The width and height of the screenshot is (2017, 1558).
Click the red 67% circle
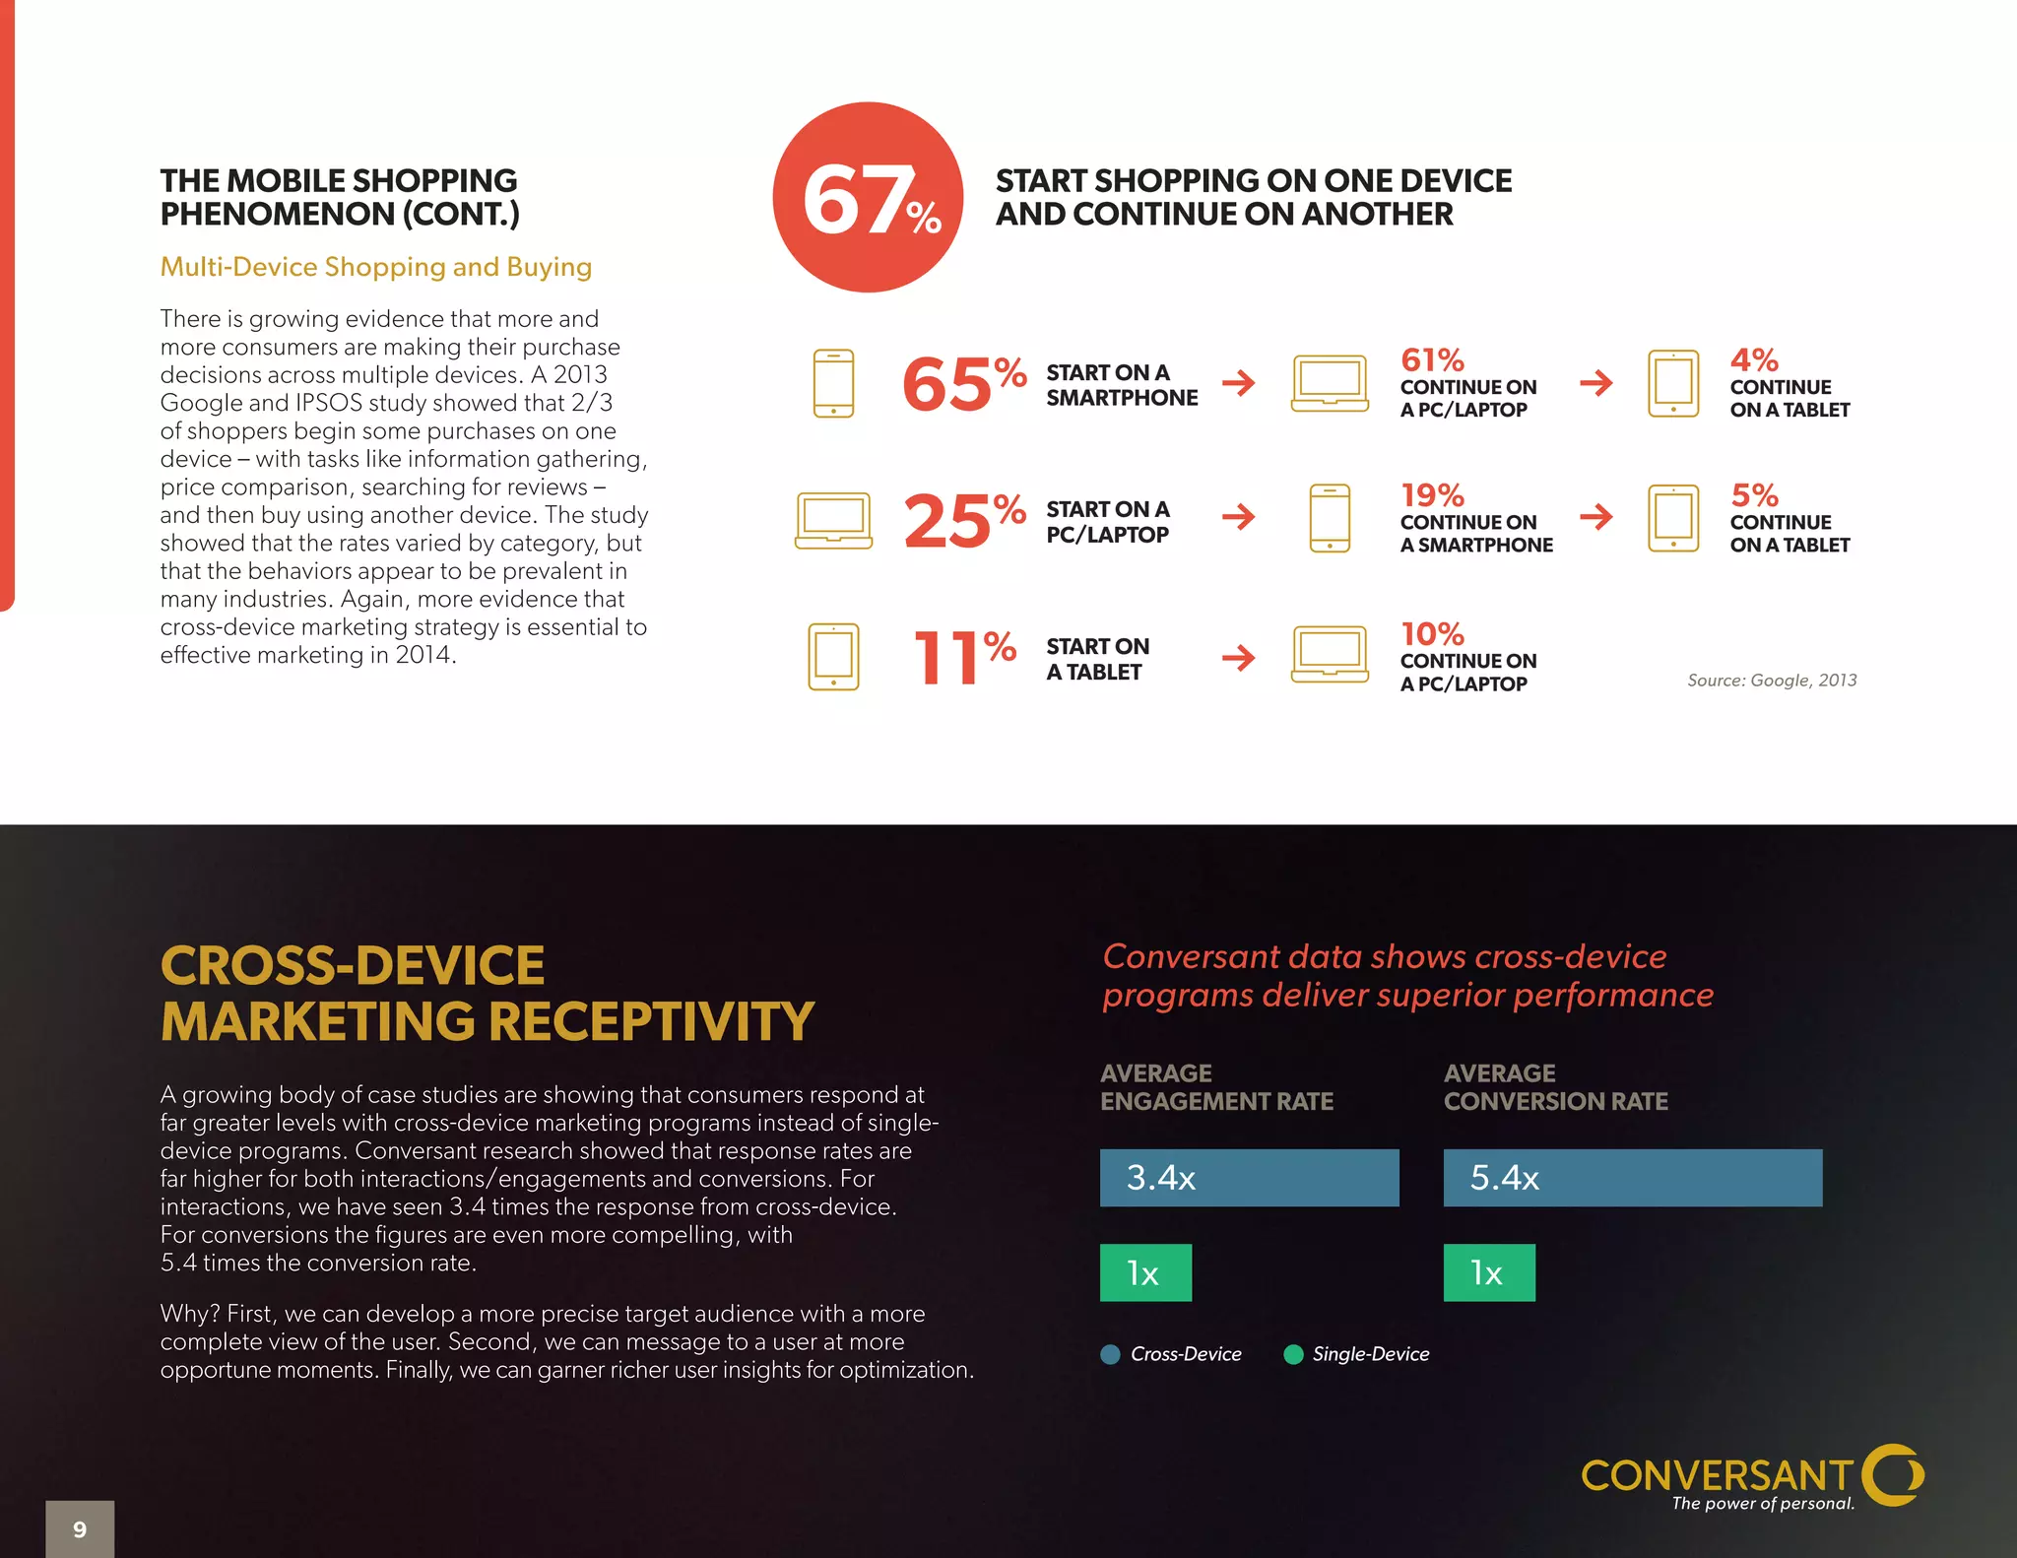(x=868, y=197)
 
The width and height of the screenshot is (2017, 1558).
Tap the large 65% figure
(x=962, y=383)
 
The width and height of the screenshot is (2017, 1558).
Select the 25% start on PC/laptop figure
(x=963, y=519)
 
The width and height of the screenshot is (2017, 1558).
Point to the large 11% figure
(x=963, y=657)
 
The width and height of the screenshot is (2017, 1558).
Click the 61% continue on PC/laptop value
(x=1432, y=360)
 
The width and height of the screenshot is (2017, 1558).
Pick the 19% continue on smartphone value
(x=1432, y=495)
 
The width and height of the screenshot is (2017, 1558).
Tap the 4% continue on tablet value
(x=1753, y=360)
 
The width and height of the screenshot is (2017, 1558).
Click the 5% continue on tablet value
(x=1753, y=495)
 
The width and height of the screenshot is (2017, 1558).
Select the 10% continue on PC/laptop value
(x=1432, y=634)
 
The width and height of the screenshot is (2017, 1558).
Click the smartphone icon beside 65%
(x=833, y=383)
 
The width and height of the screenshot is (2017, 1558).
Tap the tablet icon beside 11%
(x=833, y=657)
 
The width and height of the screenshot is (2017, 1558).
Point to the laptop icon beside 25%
(x=833, y=520)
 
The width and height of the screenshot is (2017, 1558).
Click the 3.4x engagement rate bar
(x=1249, y=1178)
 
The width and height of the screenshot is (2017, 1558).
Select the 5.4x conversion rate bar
(x=1632, y=1178)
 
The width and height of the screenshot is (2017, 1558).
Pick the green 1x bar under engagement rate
(x=1145, y=1272)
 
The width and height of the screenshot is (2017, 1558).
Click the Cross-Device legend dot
(x=1110, y=1354)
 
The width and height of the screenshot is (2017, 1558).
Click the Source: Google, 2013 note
(x=1771, y=681)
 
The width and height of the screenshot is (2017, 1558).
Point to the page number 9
(x=80, y=1529)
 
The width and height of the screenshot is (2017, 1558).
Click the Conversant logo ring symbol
(x=1893, y=1474)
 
